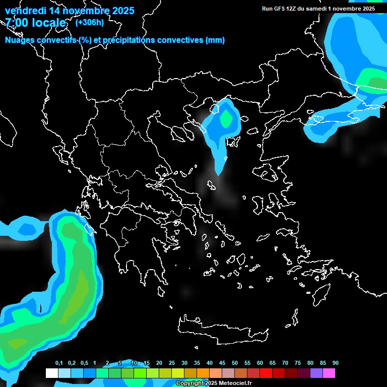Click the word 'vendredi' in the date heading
coord(24,11)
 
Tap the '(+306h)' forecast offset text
coord(90,22)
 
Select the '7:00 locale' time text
coord(35,23)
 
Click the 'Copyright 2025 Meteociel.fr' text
coord(214,383)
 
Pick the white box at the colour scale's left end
coord(51,373)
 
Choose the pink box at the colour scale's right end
coord(329,373)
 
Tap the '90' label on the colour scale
coord(336,363)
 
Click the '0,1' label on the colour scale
coord(59,363)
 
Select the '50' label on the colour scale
coord(235,363)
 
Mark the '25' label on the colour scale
coord(172,363)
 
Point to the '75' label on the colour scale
coord(298,363)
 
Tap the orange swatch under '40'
coord(203,373)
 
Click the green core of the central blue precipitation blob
coord(226,119)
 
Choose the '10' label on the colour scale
coord(134,363)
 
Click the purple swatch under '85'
coord(316,373)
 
